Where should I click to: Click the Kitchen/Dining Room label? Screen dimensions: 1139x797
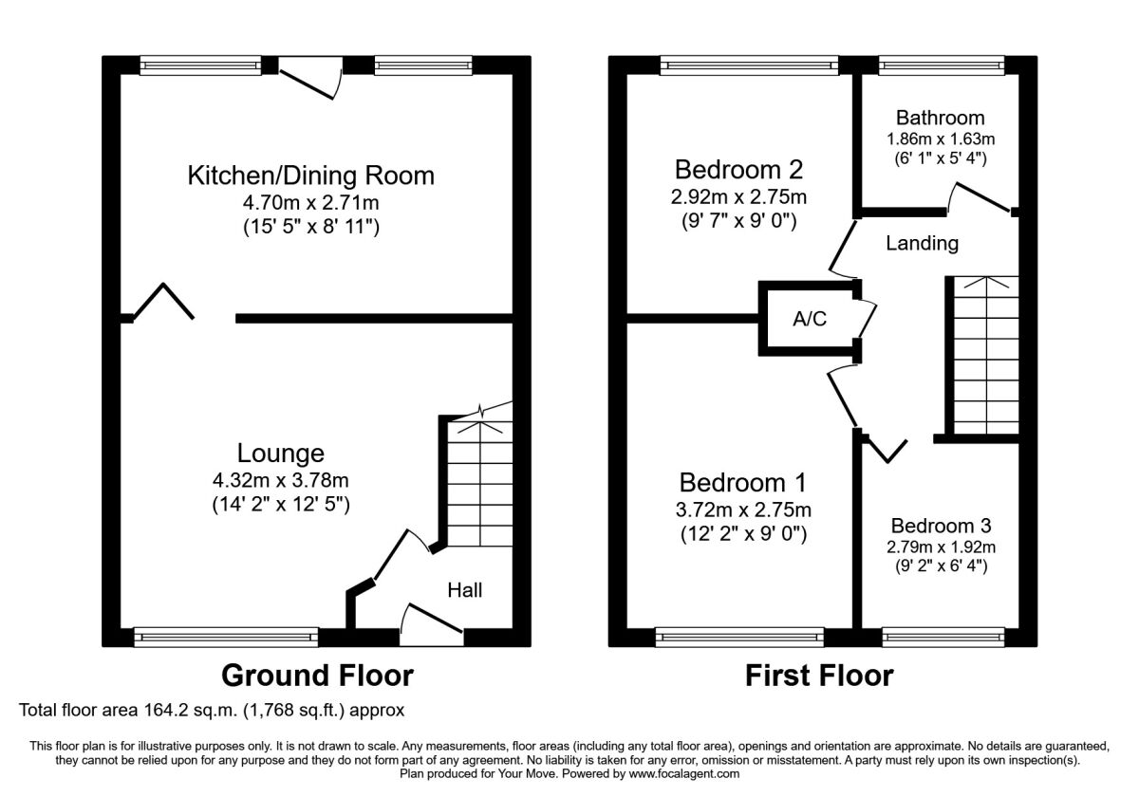(x=310, y=176)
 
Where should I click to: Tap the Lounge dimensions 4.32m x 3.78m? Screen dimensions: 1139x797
(x=281, y=480)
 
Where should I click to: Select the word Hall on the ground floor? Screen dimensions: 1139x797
(x=465, y=590)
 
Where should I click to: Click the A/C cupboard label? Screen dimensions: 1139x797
(x=810, y=319)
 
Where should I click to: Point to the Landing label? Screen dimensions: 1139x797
(x=923, y=244)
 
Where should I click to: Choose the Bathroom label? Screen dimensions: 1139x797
(x=941, y=118)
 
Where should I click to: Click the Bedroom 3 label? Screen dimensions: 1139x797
(x=942, y=526)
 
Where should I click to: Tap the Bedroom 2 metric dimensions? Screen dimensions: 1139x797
(x=738, y=196)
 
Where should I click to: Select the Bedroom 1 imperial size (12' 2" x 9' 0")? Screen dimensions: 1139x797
(x=743, y=534)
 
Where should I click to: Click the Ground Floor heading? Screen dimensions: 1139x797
(x=317, y=676)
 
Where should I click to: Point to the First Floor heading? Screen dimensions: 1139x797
(x=819, y=676)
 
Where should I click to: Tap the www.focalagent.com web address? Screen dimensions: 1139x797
(x=684, y=774)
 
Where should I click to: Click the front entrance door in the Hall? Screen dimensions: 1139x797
(x=432, y=624)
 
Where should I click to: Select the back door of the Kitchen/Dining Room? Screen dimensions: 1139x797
(x=310, y=78)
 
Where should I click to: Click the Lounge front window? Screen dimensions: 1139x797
(x=226, y=638)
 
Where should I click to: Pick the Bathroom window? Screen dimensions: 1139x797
(x=942, y=65)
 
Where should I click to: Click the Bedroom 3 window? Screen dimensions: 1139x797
(x=943, y=638)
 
